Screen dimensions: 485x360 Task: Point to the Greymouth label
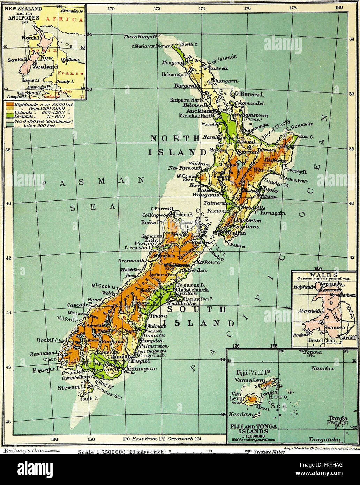[131, 261]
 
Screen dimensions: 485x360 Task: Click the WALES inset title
[324, 275]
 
